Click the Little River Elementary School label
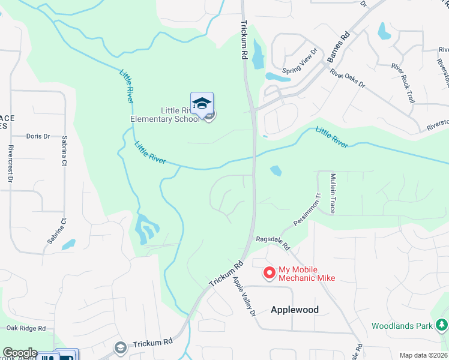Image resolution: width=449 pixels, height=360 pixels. [x=165, y=115]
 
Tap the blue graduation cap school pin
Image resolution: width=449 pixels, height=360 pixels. [x=202, y=103]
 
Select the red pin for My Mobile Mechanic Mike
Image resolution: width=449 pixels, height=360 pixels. [x=270, y=273]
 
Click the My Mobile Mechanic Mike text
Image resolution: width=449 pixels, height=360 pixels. [x=306, y=274]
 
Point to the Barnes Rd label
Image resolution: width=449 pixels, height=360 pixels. [x=339, y=47]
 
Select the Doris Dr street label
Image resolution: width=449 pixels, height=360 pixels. [x=38, y=136]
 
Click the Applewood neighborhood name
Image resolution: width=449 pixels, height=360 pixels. [x=294, y=310]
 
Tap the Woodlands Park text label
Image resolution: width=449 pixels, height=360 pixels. [x=402, y=326]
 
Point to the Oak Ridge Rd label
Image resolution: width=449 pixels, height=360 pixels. [x=26, y=328]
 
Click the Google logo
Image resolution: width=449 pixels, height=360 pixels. [x=19, y=353]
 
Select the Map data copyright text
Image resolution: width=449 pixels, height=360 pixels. [x=423, y=355]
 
